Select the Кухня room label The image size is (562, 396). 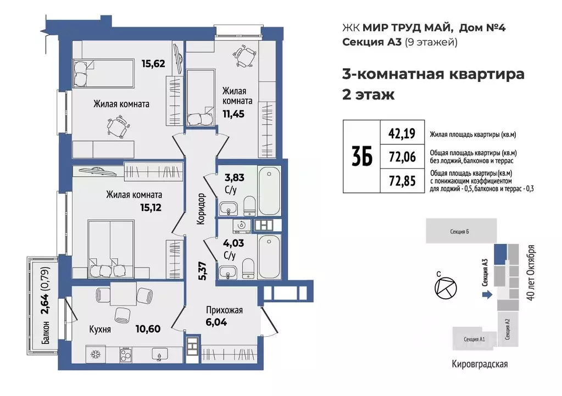(101, 330)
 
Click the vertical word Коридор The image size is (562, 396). (202, 209)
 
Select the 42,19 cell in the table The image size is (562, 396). (402, 132)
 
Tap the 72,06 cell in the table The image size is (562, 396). (402, 157)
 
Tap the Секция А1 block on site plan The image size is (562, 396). (474, 339)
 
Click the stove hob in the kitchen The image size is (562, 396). (126, 354)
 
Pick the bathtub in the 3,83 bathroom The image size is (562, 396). (269, 191)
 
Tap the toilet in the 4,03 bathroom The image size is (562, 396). (248, 267)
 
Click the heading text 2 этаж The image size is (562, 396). (368, 94)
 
